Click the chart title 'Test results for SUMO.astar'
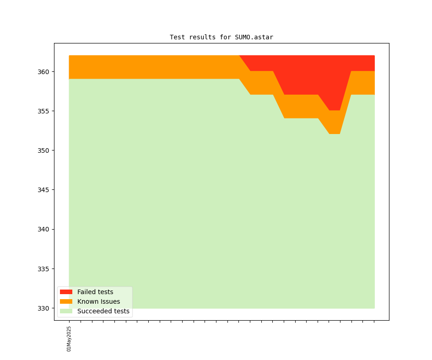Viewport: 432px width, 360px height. pyautogui.click(x=221, y=37)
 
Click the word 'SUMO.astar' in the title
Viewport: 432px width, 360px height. pyautogui.click(x=254, y=37)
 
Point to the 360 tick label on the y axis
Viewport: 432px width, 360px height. pyautogui.click(x=43, y=72)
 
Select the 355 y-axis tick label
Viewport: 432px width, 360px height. pyautogui.click(x=43, y=111)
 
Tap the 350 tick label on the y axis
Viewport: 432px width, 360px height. pyautogui.click(x=43, y=150)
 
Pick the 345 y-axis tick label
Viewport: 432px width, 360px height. pyautogui.click(x=43, y=190)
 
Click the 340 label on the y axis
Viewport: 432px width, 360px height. pyautogui.click(x=43, y=229)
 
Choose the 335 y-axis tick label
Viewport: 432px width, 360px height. pyautogui.click(x=43, y=269)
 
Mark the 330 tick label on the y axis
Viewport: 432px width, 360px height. pyautogui.click(x=43, y=308)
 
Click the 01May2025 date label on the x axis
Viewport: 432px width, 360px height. pyautogui.click(x=69, y=339)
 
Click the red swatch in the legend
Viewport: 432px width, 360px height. pyautogui.click(x=66, y=292)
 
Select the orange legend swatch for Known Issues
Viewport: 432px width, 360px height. pyautogui.click(x=66, y=301)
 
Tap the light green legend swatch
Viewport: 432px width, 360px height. pyautogui.click(x=66, y=311)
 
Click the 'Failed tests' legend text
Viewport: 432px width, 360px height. pyautogui.click(x=95, y=292)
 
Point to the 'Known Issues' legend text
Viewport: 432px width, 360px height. pyautogui.click(x=98, y=301)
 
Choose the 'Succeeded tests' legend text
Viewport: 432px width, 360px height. pyautogui.click(x=103, y=311)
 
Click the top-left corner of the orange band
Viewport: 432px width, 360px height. pyautogui.click(x=70, y=56)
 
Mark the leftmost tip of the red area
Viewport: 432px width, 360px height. pyautogui.click(x=240, y=56)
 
